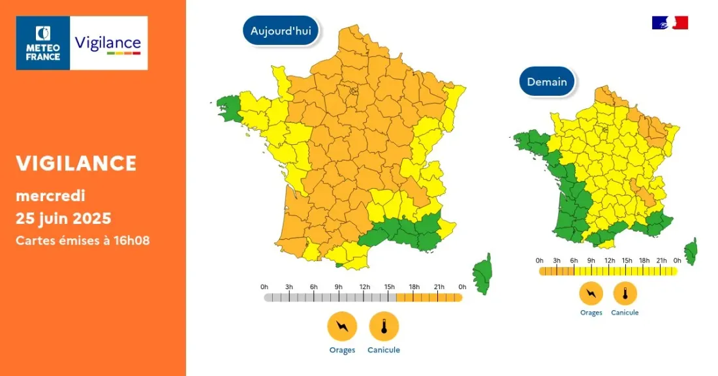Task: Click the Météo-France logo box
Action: coord(43,43)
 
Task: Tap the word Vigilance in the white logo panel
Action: coord(108,43)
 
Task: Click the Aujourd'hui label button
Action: coord(281,30)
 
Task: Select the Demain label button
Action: coord(547,82)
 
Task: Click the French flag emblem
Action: coord(670,23)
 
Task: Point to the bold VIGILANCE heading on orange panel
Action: coord(76,163)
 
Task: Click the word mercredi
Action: coord(50,195)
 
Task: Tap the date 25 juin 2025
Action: coord(63,217)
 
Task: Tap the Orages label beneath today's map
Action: coord(342,350)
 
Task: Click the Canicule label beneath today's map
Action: coord(384,350)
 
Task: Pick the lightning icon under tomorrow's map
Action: coord(591,293)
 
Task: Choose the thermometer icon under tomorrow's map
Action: coord(625,293)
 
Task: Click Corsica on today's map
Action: coord(483,273)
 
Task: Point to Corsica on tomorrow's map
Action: coord(691,251)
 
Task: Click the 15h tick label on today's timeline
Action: coord(388,287)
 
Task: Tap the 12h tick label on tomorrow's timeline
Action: coord(609,260)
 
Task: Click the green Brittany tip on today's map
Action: coord(228,108)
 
